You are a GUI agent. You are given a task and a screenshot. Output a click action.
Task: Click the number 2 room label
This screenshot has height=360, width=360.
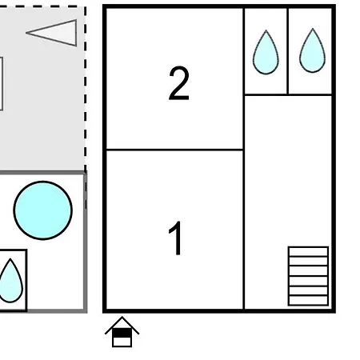[179, 83]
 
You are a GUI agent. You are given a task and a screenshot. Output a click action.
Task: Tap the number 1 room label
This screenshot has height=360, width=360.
[175, 238]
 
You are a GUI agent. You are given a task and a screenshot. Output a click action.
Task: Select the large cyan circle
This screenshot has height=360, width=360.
[42, 210]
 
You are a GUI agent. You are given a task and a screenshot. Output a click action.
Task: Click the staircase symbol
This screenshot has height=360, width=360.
[308, 276]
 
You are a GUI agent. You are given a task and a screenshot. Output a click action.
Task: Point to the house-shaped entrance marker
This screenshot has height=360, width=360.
[122, 332]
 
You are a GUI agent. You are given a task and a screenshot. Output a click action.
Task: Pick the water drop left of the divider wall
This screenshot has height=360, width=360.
[266, 52]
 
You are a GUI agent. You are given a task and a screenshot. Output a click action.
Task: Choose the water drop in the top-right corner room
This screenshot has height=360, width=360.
[312, 50]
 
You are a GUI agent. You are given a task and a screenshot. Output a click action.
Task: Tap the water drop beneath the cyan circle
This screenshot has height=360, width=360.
[10, 281]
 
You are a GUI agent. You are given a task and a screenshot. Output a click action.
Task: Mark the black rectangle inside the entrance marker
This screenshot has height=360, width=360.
[122, 333]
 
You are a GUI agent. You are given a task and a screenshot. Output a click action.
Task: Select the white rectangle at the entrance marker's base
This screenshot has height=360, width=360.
[122, 342]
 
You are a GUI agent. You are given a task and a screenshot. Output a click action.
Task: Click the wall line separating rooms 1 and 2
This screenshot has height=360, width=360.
[174, 150]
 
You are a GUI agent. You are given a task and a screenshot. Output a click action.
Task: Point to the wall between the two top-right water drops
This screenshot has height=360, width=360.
[288, 51]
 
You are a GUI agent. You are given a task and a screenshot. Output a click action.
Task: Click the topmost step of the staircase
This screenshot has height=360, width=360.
[308, 251]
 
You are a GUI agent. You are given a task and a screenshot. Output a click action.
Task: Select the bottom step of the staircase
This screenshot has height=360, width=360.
[308, 301]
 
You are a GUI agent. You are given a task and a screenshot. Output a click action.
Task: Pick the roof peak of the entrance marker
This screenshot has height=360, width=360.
[122, 318]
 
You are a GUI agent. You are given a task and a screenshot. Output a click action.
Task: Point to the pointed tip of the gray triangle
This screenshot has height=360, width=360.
[26, 33]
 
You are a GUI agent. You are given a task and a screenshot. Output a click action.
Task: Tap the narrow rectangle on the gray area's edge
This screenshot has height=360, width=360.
[1, 84]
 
